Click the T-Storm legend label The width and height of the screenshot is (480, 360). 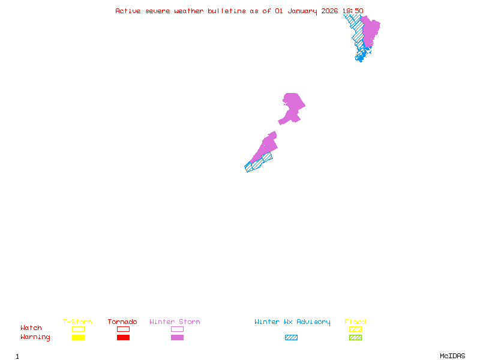pos(77,322)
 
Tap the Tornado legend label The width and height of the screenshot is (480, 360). pos(122,322)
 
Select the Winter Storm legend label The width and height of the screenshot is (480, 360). pos(175,322)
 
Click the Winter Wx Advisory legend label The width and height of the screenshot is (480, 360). pos(292,322)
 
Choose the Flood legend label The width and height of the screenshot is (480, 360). pos(355,322)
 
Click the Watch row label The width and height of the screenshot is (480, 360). pos(31,328)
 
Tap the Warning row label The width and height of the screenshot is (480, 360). pos(35,337)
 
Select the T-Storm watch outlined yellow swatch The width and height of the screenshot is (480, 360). pos(78,329)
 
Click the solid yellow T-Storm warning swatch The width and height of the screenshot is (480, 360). pos(78,338)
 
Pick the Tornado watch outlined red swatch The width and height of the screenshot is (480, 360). pos(123,329)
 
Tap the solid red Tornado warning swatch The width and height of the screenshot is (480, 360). pos(123,338)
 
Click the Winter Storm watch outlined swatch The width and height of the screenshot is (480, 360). pos(177,329)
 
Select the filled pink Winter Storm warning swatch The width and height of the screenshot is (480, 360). pos(177,338)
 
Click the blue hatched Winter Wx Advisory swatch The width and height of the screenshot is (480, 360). pos(291,338)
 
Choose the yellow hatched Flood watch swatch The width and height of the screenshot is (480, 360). pos(355,329)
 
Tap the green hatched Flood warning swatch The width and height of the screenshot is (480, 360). pos(355,338)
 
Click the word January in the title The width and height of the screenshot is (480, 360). pos(303,11)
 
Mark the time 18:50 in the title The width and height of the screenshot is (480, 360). pos(353,11)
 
